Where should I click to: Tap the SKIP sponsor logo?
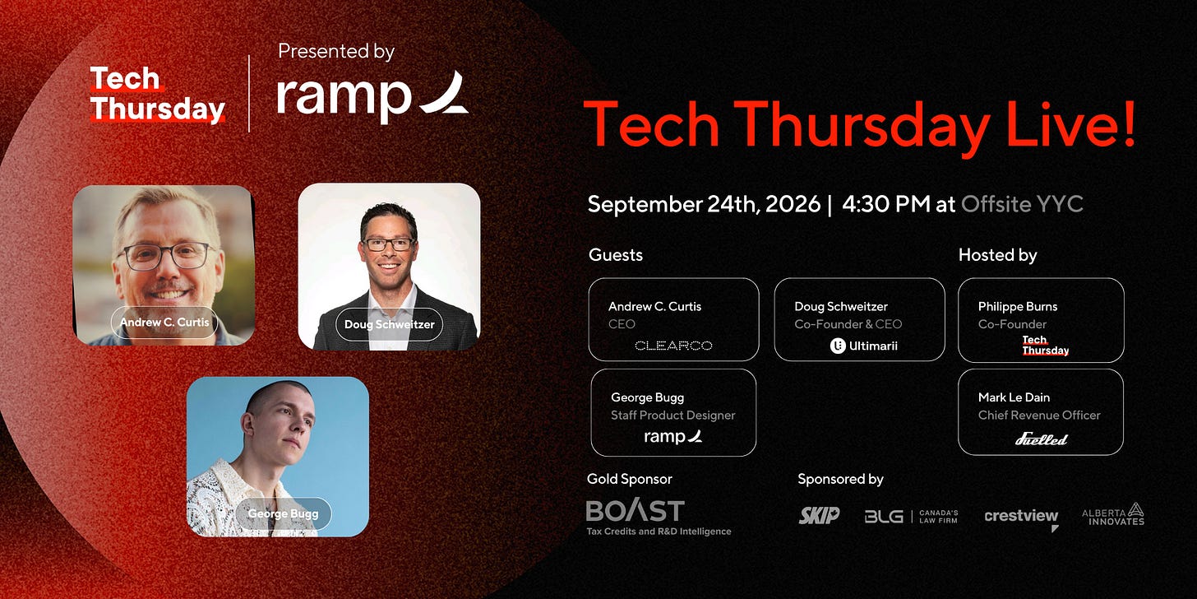tap(819, 515)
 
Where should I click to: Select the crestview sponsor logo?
tap(1021, 518)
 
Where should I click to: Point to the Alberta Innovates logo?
tap(1113, 514)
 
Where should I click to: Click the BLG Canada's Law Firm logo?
tap(911, 516)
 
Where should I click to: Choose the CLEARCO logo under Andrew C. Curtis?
tap(673, 346)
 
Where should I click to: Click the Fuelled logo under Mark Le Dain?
tap(1041, 439)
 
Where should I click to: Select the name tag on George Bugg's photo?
tap(283, 513)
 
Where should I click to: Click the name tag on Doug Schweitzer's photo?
tap(389, 324)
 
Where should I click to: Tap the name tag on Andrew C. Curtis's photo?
tap(164, 322)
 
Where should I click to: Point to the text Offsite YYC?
tap(1022, 204)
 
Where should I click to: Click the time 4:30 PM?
tap(886, 204)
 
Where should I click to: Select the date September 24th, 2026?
tap(704, 204)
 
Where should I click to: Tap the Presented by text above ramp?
tap(336, 51)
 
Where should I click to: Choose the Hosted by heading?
tap(998, 255)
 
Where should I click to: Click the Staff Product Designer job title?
tap(672, 415)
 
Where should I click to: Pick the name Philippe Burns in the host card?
tap(1018, 306)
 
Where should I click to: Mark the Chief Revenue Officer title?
tap(1039, 415)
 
